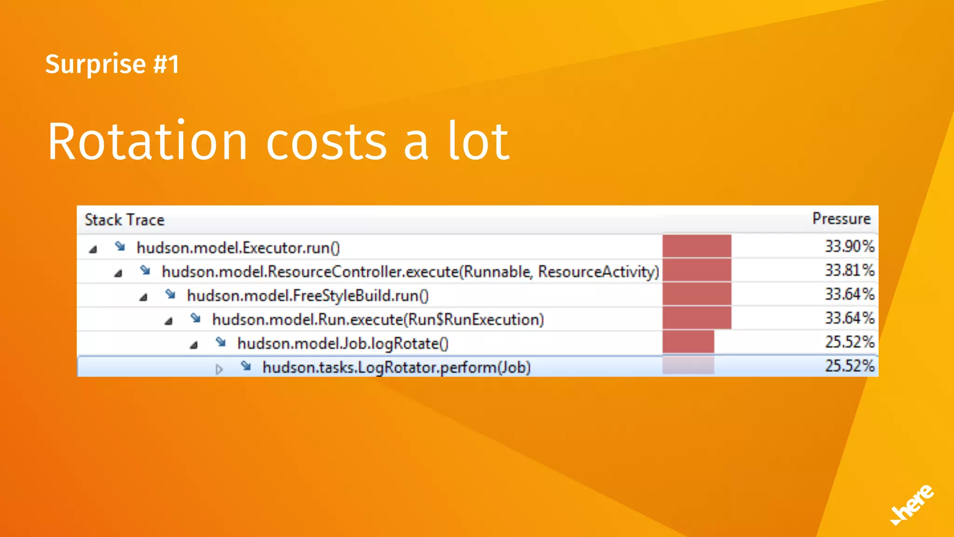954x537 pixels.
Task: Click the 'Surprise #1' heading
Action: pos(112,64)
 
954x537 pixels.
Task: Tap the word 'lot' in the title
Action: pos(479,142)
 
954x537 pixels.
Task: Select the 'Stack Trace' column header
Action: pos(124,220)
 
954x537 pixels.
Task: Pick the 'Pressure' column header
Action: pos(841,219)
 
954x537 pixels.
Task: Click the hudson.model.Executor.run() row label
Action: pos(238,248)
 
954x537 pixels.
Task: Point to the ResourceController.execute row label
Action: pos(410,271)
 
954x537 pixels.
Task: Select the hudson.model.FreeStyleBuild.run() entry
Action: pos(307,296)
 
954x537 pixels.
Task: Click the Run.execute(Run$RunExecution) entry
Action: pos(378,320)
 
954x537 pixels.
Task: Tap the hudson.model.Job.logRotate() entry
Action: pos(343,344)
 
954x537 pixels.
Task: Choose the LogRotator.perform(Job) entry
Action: pos(396,367)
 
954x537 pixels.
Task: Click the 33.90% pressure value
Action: pos(850,246)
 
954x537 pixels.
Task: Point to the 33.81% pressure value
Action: pos(850,270)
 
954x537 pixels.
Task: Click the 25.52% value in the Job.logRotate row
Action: pos(850,342)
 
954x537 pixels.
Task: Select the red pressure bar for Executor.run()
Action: pos(697,246)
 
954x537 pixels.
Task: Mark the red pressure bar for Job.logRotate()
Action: pos(688,342)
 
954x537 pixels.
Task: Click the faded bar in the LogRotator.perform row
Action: pos(688,365)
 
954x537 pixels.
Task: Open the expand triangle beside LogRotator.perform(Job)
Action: pos(219,370)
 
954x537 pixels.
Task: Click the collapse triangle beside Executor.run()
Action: pos(93,249)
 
